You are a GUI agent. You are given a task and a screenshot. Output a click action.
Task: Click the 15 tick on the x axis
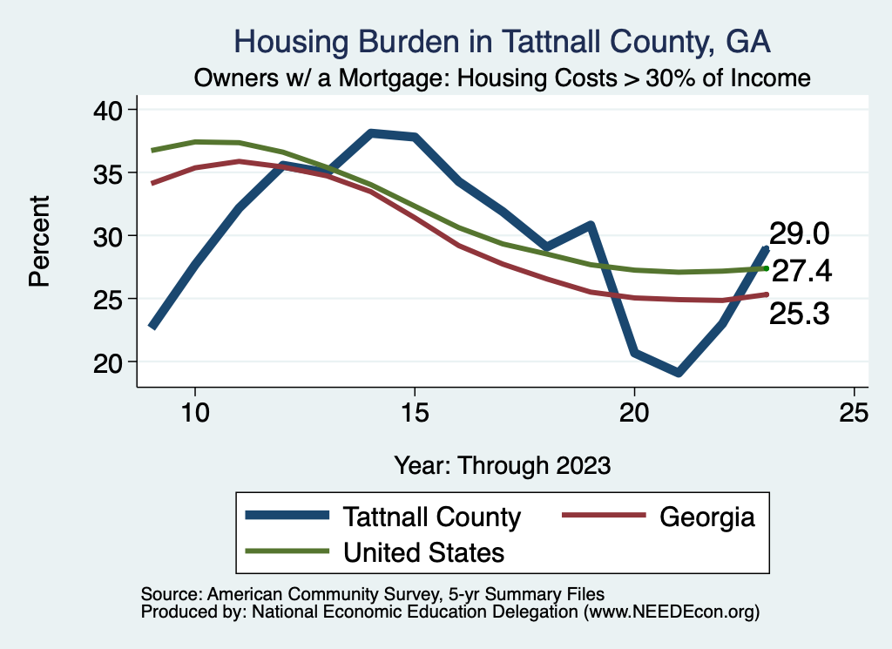[415, 412]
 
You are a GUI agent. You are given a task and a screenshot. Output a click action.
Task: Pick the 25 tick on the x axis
[854, 412]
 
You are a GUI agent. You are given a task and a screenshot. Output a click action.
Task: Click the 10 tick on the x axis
[194, 412]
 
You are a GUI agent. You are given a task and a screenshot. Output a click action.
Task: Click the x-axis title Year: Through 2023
[502, 464]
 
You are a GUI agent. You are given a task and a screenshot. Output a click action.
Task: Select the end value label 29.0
[799, 233]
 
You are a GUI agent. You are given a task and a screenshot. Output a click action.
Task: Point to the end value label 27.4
[802, 272]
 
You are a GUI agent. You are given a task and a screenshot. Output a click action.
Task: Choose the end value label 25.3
[799, 314]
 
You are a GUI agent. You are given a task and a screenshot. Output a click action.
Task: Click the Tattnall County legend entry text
[432, 517]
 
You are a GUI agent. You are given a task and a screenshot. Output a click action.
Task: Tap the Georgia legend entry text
[706, 517]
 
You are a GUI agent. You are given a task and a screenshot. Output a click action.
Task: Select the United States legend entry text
[424, 551]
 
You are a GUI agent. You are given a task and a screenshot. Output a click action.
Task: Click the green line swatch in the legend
[287, 551]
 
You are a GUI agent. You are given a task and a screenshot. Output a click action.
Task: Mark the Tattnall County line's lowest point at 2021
[678, 373]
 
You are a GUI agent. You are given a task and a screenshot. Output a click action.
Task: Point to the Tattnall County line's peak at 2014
[370, 133]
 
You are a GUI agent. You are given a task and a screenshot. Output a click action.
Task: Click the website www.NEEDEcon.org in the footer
[672, 612]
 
